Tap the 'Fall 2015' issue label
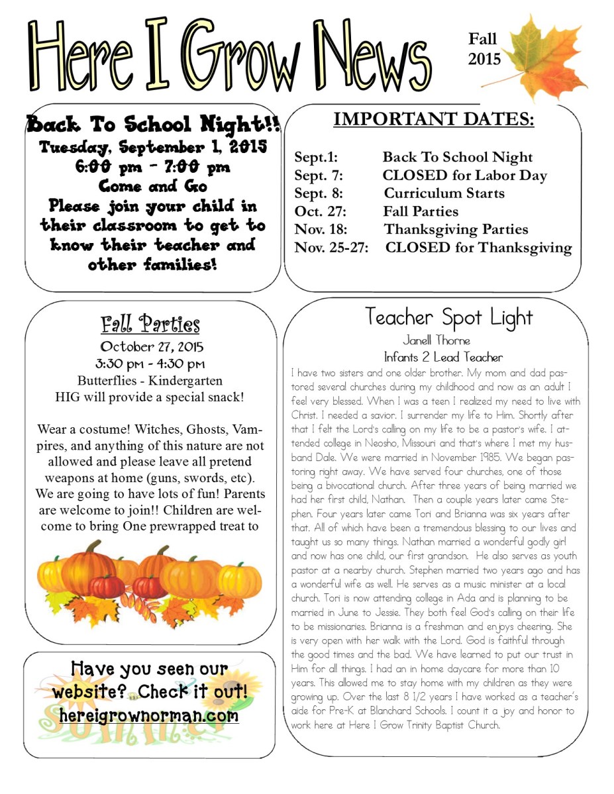click(484, 49)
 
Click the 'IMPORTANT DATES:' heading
click(434, 119)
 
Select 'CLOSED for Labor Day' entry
click(464, 175)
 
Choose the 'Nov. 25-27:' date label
click(331, 248)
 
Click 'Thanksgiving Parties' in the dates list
click(456, 230)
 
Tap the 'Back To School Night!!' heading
click(153, 124)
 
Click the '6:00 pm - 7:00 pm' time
click(153, 167)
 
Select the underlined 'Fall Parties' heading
click(150, 324)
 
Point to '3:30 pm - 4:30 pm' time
click(152, 364)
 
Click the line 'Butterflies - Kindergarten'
click(150, 381)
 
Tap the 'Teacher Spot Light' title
click(448, 318)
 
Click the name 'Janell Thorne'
click(436, 341)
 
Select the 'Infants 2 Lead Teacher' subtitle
click(443, 357)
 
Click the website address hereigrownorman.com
click(148, 716)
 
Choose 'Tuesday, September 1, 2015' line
click(153, 146)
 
